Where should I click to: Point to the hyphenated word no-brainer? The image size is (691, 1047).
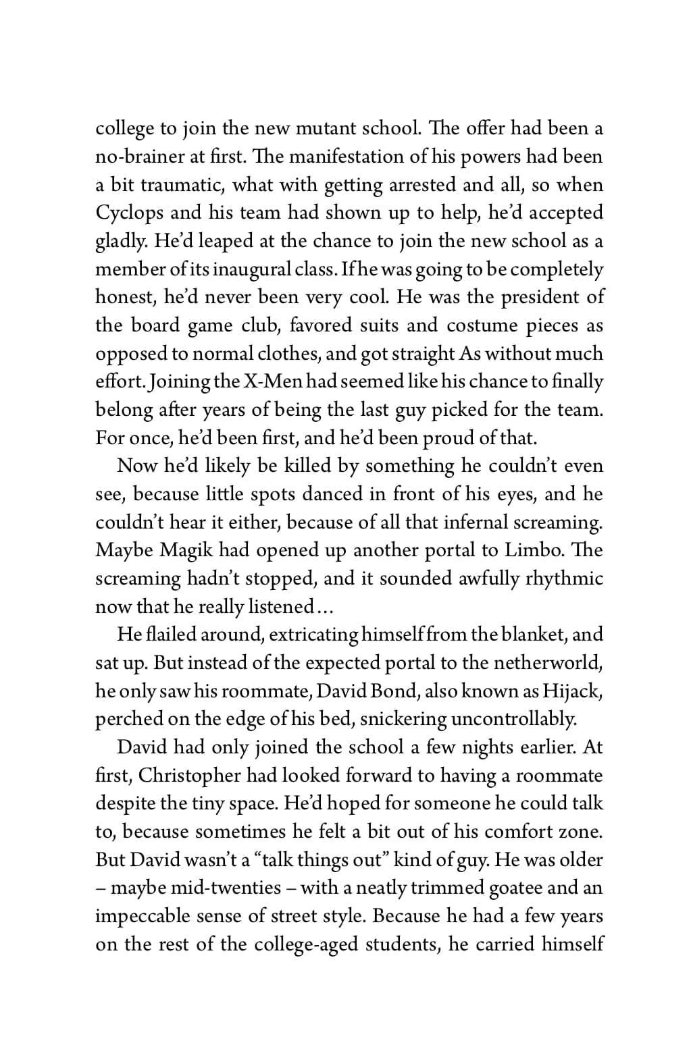tap(139, 157)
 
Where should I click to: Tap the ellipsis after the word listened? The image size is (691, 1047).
tap(326, 608)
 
